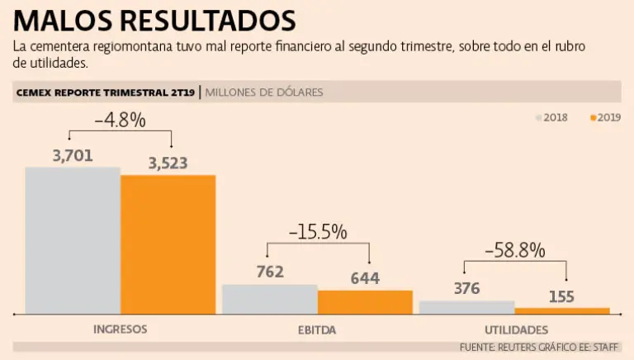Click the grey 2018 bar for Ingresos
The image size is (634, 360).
(x=73, y=240)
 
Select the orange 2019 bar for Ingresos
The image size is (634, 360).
(x=168, y=244)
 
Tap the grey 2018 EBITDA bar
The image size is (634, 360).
(x=269, y=299)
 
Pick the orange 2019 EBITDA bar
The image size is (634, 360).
(x=365, y=302)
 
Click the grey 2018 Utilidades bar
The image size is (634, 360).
(x=466, y=307)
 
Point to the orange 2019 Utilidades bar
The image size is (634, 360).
(x=562, y=310)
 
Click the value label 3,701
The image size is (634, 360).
(x=73, y=155)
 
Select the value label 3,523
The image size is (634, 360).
(x=168, y=163)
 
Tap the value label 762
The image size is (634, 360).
(x=270, y=272)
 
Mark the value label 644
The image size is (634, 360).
(x=365, y=278)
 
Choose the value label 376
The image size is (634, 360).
(x=467, y=288)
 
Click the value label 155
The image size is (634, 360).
(x=561, y=296)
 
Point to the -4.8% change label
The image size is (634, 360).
(x=120, y=120)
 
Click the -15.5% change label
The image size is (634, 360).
(x=318, y=232)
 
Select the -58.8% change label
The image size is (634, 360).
(x=515, y=249)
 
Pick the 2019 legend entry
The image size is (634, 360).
(x=605, y=117)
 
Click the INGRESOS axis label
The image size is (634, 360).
(x=121, y=329)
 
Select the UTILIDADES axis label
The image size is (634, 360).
(x=514, y=329)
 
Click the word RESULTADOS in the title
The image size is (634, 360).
(x=206, y=20)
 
